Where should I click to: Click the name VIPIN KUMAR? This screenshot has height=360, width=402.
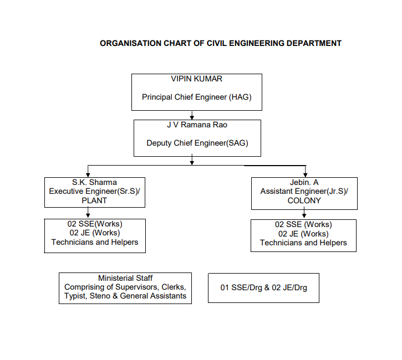(x=197, y=79)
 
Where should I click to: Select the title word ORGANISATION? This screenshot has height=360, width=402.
(x=130, y=43)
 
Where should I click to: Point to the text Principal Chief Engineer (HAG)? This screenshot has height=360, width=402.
(x=197, y=97)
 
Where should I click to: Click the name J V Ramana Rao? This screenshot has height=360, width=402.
(x=197, y=125)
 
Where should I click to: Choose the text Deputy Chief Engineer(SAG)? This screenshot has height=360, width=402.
(x=197, y=143)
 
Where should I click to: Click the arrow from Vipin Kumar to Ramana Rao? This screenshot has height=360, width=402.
(x=192, y=115)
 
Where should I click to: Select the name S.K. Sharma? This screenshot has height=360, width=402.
(x=94, y=182)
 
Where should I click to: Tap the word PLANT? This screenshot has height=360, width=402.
(x=94, y=200)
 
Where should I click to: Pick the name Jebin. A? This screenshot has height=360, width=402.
(x=304, y=182)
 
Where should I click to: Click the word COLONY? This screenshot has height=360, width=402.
(x=304, y=200)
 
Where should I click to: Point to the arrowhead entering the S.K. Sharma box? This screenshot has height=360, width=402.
(x=88, y=175)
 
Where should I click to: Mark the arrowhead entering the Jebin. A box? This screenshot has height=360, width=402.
(x=305, y=175)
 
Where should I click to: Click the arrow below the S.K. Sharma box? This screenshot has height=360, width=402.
(x=88, y=213)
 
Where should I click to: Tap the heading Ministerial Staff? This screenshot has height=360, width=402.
(x=125, y=278)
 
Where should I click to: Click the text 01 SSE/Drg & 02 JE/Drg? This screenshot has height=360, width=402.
(x=263, y=287)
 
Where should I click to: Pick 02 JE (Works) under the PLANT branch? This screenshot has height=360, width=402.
(x=95, y=233)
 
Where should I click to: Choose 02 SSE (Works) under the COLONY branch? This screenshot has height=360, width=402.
(x=303, y=224)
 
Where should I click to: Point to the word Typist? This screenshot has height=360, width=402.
(x=75, y=296)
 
